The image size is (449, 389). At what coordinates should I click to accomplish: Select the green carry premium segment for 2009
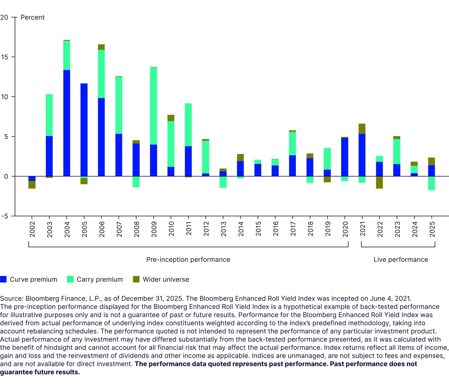point(153,106)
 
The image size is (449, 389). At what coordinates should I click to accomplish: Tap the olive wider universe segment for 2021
point(362,129)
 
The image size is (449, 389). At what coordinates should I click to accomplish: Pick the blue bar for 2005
point(84,130)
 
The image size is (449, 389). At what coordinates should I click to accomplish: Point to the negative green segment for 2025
point(431,183)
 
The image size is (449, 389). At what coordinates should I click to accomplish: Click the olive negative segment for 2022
point(379,182)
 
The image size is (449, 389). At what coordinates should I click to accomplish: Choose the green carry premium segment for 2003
point(49,115)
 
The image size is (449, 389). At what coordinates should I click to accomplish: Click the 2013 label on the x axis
point(223,229)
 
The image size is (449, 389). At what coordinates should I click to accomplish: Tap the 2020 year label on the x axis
point(345,229)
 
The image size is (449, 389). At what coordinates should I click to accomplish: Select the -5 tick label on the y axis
point(4,216)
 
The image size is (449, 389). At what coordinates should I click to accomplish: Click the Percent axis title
point(32,17)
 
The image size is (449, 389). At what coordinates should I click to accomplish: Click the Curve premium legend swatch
point(3,279)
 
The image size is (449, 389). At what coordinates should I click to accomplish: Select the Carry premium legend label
point(100,279)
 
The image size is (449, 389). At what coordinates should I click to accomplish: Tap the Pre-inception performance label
point(188,260)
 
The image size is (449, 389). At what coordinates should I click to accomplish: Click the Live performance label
point(401,260)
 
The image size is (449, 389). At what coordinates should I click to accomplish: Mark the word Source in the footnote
point(11,299)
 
